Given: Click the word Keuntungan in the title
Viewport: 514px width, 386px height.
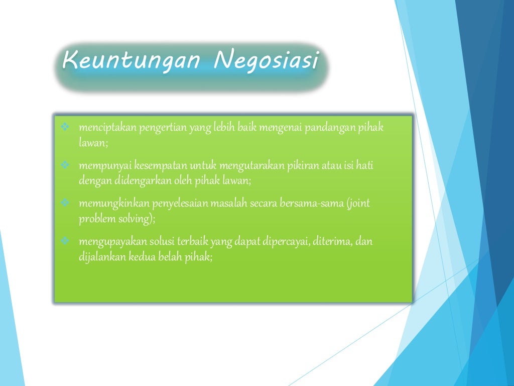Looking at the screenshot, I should pyautogui.click(x=132, y=61).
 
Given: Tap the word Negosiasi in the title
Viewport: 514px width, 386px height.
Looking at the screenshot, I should pyautogui.click(x=266, y=61).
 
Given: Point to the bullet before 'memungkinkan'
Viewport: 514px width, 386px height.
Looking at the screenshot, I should pyautogui.click(x=65, y=204).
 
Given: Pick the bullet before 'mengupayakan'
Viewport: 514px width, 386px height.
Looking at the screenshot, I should pyautogui.click(x=65, y=242).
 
